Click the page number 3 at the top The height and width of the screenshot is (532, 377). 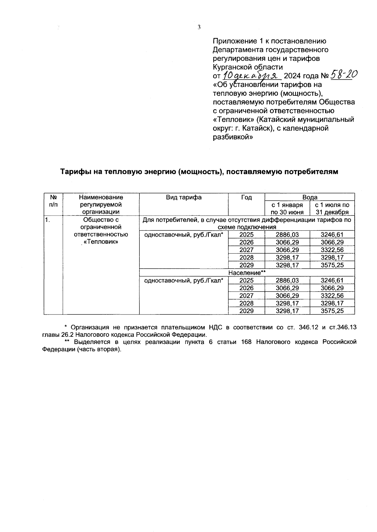click(199, 27)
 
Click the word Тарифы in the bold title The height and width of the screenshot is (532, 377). click(74, 172)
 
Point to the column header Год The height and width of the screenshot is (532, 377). click(246, 197)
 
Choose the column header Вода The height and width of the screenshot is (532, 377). click(309, 197)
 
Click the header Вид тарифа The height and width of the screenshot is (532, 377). click(184, 197)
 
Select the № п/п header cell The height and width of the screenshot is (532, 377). click(53, 201)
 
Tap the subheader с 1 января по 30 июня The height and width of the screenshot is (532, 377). click(287, 208)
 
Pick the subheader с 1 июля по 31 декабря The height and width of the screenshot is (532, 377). click(332, 208)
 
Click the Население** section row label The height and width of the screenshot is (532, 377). click(247, 273)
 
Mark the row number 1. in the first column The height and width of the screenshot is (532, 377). click(47, 220)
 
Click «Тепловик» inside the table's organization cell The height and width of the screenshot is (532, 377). click(101, 242)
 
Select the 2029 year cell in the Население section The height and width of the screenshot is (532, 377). click(246, 311)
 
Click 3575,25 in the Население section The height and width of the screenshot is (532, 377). click(332, 311)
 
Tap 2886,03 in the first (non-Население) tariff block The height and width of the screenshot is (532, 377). click(287, 234)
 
